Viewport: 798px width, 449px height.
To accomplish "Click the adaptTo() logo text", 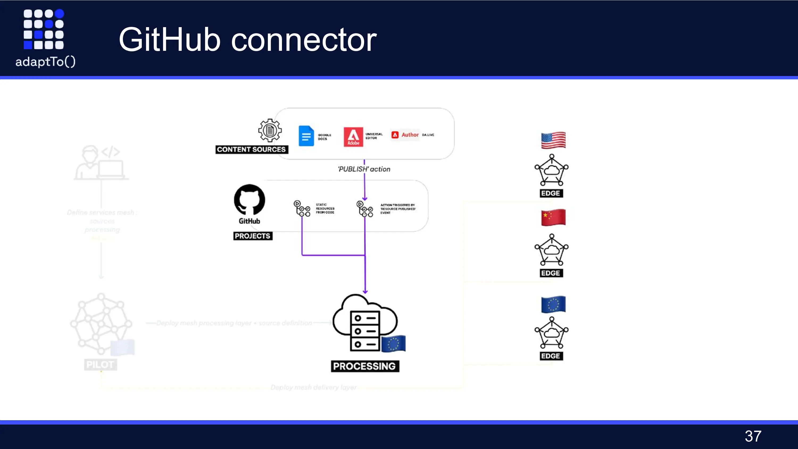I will point(45,62).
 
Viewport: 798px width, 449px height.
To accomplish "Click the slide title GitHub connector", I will point(248,40).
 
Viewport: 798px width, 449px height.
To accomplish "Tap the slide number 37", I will point(753,436).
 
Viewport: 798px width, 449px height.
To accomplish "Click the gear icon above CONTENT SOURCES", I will point(270,130).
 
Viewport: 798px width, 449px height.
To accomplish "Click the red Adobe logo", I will point(353,137).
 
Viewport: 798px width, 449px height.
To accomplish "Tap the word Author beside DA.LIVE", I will point(410,135).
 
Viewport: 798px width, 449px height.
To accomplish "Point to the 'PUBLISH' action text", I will point(364,169).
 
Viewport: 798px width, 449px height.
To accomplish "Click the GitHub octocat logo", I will point(250,200).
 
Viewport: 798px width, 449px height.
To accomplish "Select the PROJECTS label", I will point(252,236).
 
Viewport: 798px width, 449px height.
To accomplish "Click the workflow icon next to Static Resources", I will point(302,208).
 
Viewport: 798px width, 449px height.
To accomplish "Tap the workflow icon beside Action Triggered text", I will point(365,209).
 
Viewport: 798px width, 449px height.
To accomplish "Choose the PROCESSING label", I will point(365,366).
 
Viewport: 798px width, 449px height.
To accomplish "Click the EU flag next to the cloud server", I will point(393,343).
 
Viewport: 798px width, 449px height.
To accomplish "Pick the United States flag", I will point(553,140).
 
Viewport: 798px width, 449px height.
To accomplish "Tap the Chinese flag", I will point(553,218).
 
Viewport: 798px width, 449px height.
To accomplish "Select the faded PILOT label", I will point(100,364).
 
